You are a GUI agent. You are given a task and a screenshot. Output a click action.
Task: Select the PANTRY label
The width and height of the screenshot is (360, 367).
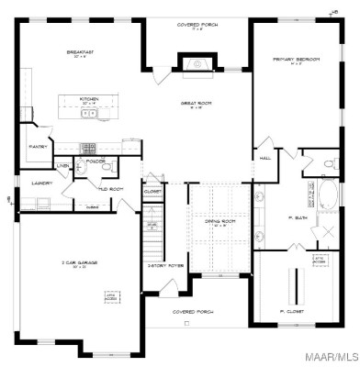point(39,146)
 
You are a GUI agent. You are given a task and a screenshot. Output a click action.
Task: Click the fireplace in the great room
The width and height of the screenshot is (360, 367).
point(195,65)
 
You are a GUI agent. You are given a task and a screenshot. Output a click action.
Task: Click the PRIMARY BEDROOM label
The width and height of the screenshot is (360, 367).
point(296,60)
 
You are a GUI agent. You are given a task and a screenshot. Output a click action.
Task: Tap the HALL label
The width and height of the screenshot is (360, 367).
point(265,158)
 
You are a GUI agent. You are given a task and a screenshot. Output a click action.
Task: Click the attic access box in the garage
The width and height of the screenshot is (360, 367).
point(111,297)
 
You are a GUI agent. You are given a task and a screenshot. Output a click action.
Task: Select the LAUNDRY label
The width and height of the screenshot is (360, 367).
point(39,183)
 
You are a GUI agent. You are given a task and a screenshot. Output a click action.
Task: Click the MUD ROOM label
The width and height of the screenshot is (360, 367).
point(111,188)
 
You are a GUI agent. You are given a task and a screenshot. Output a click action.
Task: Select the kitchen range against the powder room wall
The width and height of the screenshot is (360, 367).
point(88,146)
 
